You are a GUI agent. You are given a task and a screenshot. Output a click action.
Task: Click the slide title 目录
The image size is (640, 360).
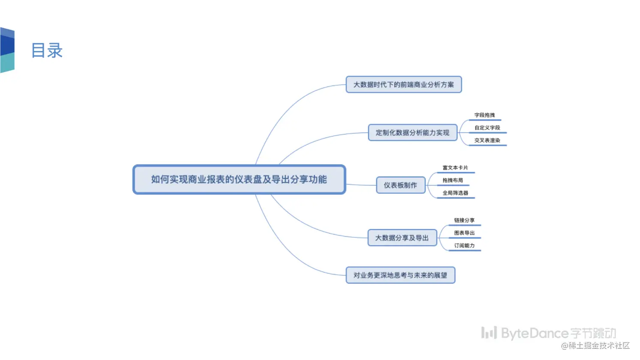coord(47,51)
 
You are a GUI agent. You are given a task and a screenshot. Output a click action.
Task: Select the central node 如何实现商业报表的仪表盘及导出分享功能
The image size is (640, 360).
coord(239,179)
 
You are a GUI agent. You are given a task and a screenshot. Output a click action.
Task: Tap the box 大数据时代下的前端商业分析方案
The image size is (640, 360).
coord(404,85)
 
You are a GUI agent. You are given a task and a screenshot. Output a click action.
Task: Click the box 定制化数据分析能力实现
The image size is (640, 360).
coord(413,133)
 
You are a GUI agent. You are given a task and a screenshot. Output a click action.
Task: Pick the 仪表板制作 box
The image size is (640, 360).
coord(400,185)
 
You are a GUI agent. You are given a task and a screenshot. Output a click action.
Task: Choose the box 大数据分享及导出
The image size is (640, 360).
coord(402,238)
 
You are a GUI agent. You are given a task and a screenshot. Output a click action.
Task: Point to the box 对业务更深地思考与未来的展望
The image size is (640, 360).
coord(400,275)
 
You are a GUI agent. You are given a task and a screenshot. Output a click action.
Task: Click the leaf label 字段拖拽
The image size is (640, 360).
coord(484,115)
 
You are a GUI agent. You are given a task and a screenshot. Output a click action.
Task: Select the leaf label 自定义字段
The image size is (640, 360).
coord(487,128)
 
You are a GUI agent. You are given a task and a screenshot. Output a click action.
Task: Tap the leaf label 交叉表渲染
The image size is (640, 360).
coord(487,140)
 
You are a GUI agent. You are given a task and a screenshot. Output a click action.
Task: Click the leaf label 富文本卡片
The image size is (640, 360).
coord(455,168)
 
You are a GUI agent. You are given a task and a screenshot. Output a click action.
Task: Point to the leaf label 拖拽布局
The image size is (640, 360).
coord(453,180)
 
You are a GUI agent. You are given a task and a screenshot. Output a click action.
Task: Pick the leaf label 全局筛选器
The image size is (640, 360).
coord(455,193)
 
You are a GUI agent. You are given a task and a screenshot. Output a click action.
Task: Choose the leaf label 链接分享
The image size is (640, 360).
coord(464,220)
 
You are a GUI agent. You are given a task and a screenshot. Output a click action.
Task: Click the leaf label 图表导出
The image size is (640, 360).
coord(464,233)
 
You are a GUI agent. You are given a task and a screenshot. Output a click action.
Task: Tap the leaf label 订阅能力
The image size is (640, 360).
coord(464,245)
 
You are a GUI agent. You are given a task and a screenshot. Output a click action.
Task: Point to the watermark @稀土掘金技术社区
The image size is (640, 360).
coord(595,346)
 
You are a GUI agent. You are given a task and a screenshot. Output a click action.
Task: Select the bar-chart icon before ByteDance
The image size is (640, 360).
coord(489,333)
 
